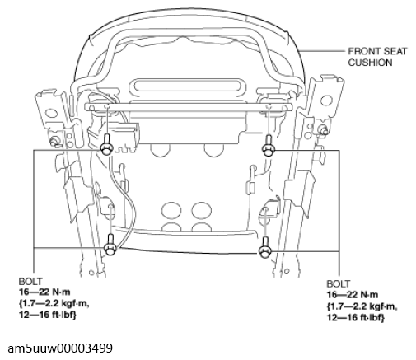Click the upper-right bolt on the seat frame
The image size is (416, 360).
click(x=269, y=146)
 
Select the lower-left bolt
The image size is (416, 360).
click(x=110, y=245)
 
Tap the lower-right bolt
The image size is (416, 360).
click(x=265, y=247)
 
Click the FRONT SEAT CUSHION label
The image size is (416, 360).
click(x=377, y=57)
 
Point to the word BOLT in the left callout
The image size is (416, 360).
click(x=30, y=282)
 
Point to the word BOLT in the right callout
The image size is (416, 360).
click(x=339, y=283)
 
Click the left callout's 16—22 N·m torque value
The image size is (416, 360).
click(x=44, y=292)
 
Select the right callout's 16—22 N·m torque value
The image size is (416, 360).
click(x=353, y=295)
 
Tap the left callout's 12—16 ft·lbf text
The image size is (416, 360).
click(x=47, y=315)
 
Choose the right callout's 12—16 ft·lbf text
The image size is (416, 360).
click(x=355, y=317)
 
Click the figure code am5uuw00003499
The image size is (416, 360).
click(x=60, y=348)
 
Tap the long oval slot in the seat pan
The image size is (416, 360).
click(x=186, y=86)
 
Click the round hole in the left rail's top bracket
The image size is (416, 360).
click(x=50, y=114)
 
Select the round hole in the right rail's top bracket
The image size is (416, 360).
click(x=326, y=101)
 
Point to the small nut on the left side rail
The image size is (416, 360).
click(x=54, y=141)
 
